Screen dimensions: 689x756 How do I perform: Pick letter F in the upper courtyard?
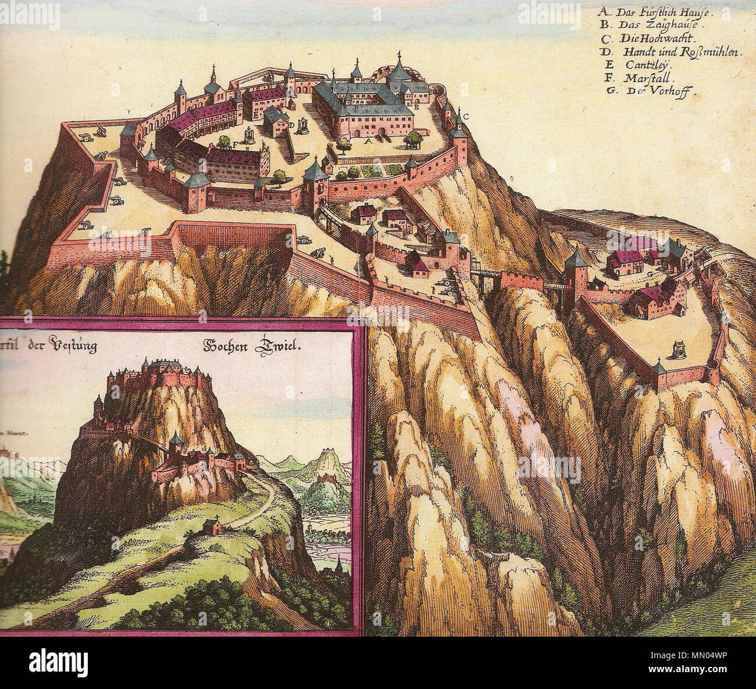point(234,144)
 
